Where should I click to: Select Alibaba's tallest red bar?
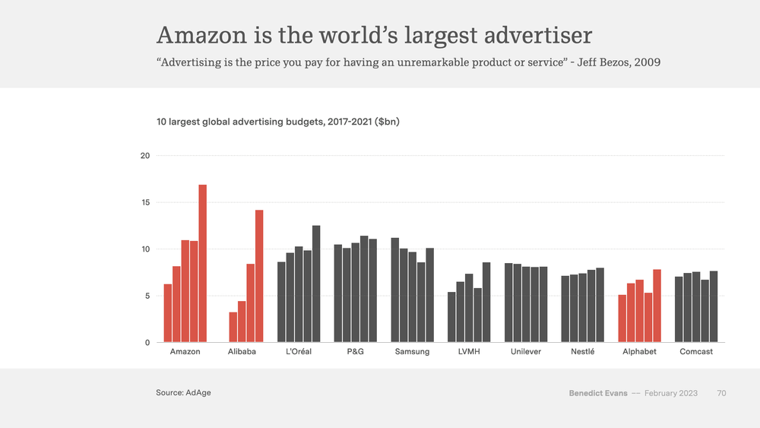[x=259, y=276]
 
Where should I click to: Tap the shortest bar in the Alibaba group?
[x=233, y=327]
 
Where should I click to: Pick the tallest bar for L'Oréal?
[x=316, y=284]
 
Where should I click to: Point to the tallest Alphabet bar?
[x=657, y=306]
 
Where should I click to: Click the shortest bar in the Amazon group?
[x=168, y=313]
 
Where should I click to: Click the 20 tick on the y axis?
[x=145, y=156]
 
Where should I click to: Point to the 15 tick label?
[x=145, y=203]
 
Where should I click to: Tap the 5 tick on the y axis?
[x=147, y=296]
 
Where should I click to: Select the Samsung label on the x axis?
[x=412, y=352]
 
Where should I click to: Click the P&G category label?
[x=355, y=352]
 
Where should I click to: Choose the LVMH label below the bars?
[x=469, y=352]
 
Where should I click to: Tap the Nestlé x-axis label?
[x=582, y=352]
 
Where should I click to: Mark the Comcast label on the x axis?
[x=696, y=352]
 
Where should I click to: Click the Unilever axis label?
[x=526, y=352]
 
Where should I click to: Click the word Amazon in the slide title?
[x=201, y=35]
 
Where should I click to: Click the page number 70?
[x=721, y=393]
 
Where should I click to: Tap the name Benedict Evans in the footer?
[x=598, y=393]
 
